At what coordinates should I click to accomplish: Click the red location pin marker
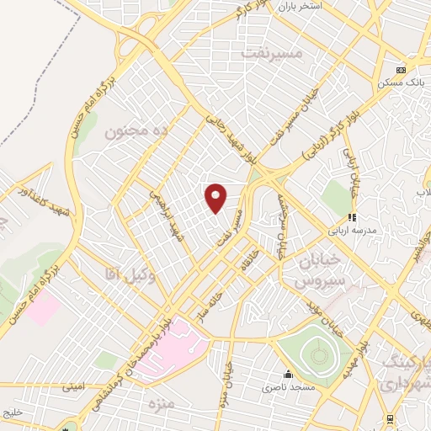coord(216,197)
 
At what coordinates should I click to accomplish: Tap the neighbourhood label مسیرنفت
coord(270,52)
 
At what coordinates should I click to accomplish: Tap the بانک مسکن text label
coord(401,83)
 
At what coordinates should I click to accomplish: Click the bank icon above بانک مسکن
coord(402,70)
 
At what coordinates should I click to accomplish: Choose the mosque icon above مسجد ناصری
coord(289,374)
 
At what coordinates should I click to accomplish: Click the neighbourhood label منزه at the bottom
coord(160,405)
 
